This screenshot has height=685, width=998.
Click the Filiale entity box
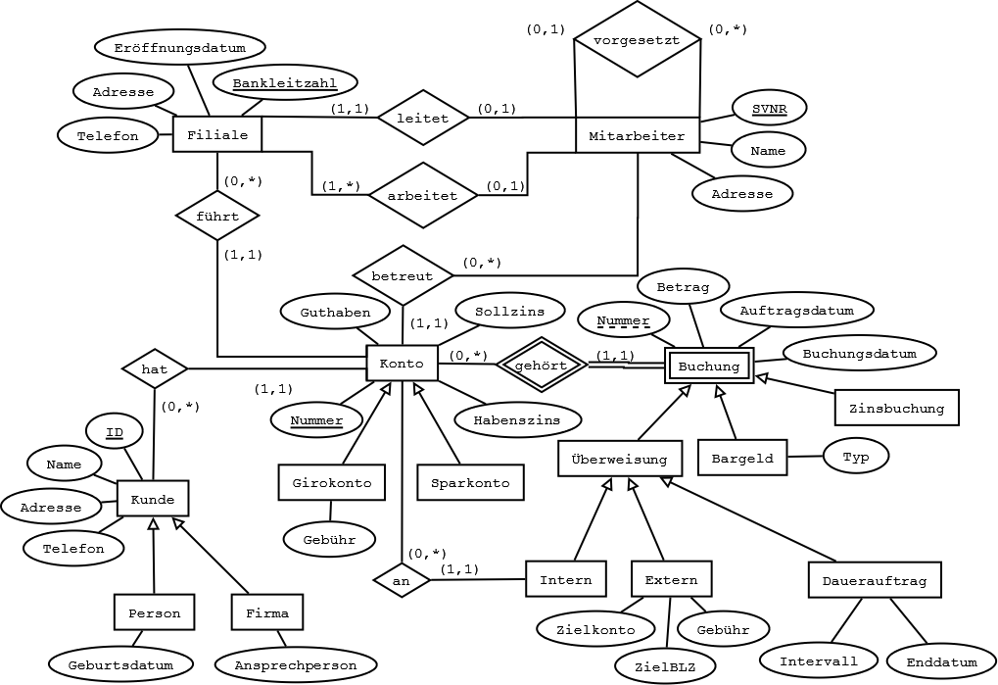point(216,135)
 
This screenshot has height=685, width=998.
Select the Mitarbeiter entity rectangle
point(637,135)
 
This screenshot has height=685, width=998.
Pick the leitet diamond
point(422,118)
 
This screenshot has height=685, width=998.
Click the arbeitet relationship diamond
point(422,195)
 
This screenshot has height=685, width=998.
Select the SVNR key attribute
point(769,108)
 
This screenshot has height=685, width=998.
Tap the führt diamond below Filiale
point(217,216)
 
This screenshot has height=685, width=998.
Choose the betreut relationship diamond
point(402,275)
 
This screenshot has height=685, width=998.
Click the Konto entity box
point(402,364)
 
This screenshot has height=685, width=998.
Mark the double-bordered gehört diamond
point(541,364)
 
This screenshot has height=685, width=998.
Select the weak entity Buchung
point(709,367)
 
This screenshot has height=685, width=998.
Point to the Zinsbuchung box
point(896,408)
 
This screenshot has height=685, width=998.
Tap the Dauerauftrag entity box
point(875,580)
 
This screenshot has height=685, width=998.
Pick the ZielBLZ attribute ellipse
point(664,666)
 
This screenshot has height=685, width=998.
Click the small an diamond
point(402,580)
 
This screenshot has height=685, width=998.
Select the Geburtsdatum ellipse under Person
point(120,664)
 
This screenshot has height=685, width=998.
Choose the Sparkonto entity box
point(470,483)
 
